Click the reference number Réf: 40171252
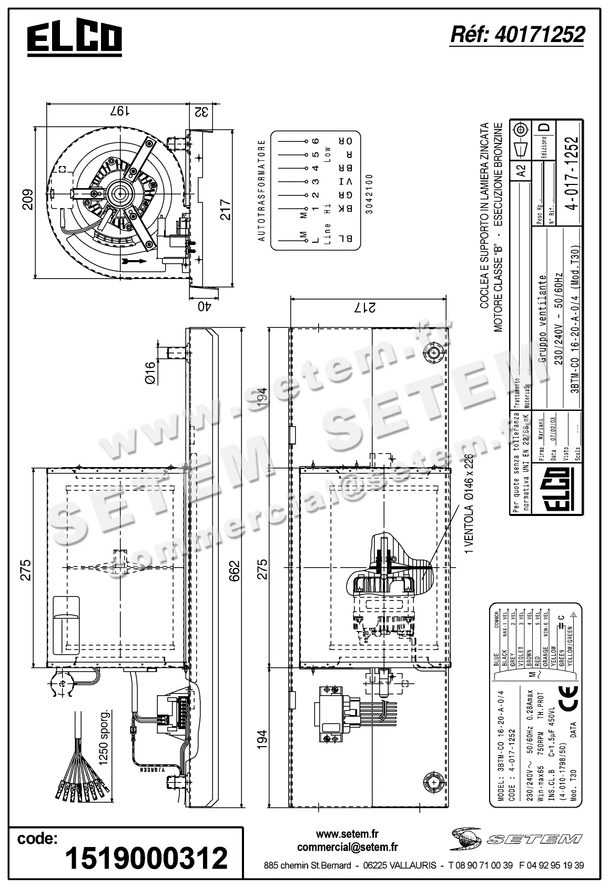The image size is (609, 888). pos(517,35)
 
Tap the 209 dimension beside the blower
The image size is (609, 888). pos(27,200)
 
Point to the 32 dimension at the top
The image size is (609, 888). pos(201,111)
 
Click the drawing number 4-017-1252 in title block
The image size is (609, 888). pos(573,173)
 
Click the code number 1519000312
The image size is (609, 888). pos(146,858)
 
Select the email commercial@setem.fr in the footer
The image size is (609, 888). pos(347,847)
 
